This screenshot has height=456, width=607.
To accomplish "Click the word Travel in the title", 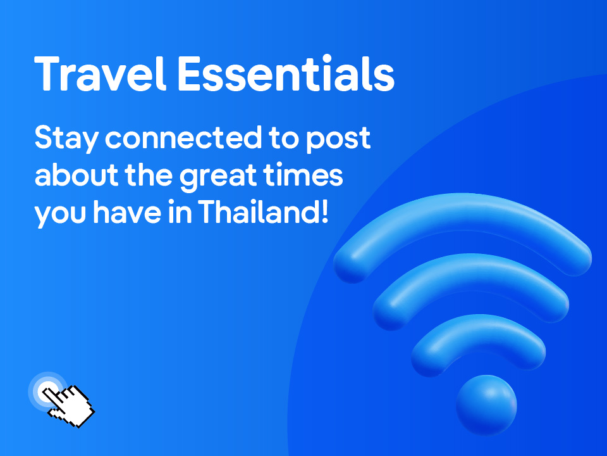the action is coord(101,73).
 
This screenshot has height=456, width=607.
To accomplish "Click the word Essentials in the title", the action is coord(286,73).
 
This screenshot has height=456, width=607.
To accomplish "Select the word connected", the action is coord(183,137).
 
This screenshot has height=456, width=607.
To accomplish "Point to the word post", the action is coord(339,139).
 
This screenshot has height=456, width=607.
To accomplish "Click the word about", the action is coord(77,175).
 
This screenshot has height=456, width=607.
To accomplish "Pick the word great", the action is coord(218,177).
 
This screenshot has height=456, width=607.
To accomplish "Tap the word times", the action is coord(303,174).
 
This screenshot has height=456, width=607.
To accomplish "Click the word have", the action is coord(127,212).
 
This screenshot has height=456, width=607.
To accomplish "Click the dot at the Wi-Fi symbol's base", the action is coord(486,405).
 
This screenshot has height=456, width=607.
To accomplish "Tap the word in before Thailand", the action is coord(180,212).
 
